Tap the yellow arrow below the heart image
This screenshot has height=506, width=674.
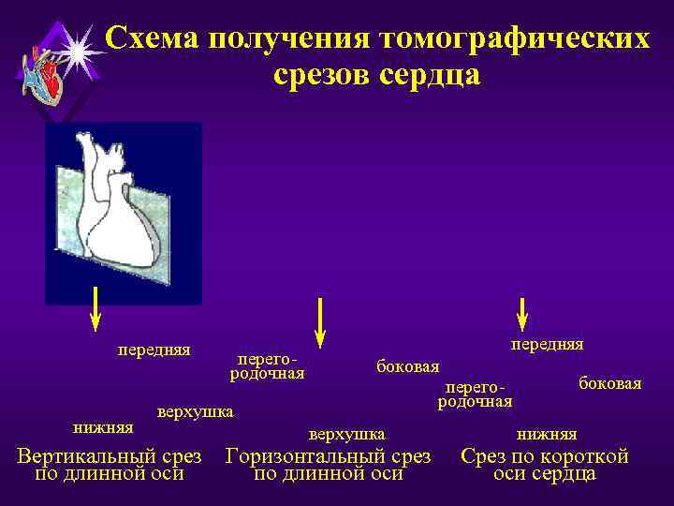95,308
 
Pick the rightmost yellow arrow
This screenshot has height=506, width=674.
522,314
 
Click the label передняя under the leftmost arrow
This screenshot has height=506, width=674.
154,350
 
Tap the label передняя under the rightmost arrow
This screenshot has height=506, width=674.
547,345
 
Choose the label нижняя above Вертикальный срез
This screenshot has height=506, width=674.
103,427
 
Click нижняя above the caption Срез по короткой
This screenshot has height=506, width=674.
548,434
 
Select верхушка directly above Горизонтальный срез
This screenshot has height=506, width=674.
347,434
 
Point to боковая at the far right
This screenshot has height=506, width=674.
609,383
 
